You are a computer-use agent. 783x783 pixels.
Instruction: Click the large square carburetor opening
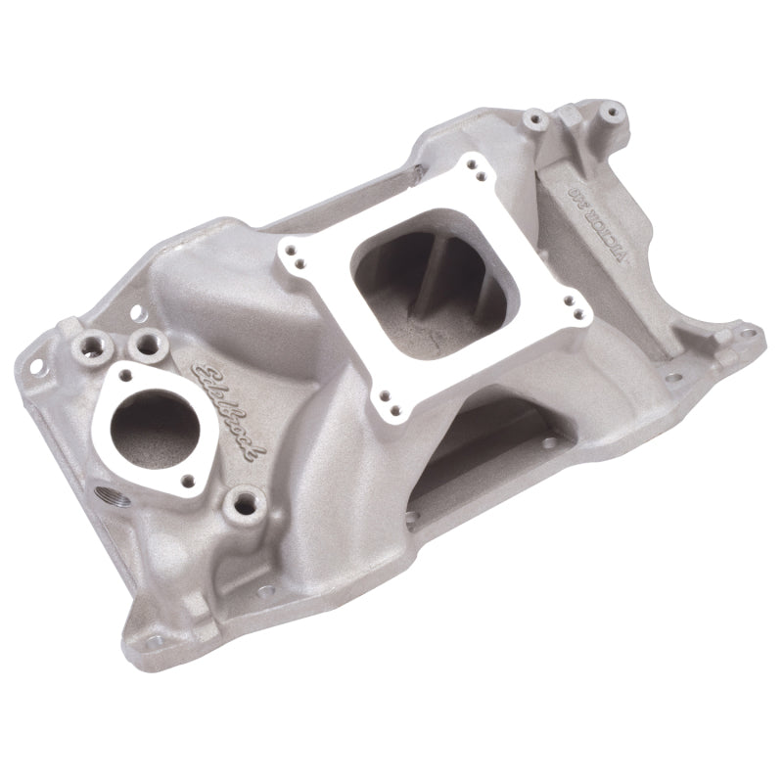431,284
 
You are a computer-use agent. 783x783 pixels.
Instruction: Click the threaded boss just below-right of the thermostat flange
238,506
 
